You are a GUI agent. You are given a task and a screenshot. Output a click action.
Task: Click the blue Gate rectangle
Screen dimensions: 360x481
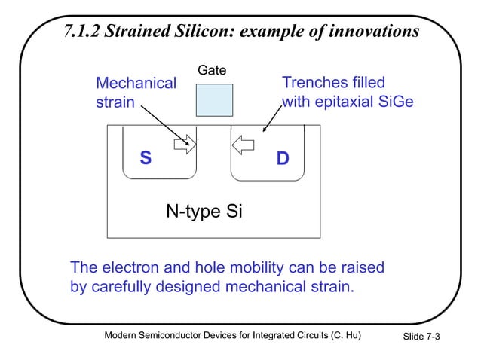(x=214, y=100)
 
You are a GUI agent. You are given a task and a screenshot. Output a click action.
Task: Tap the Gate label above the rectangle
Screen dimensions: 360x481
(x=211, y=72)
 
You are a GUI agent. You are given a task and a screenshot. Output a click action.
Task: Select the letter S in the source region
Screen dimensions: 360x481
(x=146, y=159)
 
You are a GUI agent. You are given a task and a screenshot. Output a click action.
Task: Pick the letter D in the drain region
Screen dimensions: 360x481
(x=282, y=159)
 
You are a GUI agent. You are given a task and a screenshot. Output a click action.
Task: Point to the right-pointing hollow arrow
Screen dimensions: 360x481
(x=184, y=142)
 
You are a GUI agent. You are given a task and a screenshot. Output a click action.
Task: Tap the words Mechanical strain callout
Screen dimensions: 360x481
(x=136, y=92)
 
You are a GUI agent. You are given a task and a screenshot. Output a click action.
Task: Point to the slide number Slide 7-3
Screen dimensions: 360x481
(x=421, y=337)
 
